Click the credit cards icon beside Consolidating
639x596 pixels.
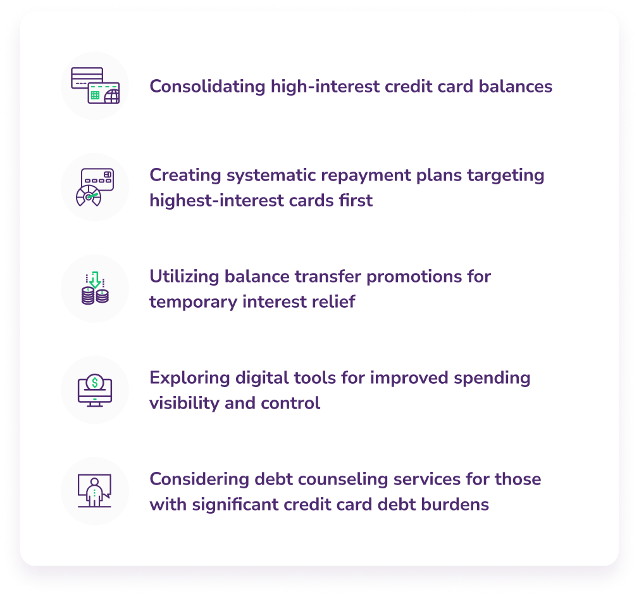point(95,86)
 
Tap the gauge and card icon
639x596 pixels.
point(95,187)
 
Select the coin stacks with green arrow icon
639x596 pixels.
point(95,288)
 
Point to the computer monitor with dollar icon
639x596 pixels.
point(95,390)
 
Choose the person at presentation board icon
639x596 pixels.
point(95,491)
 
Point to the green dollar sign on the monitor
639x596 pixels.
point(95,382)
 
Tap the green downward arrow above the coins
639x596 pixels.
point(95,279)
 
